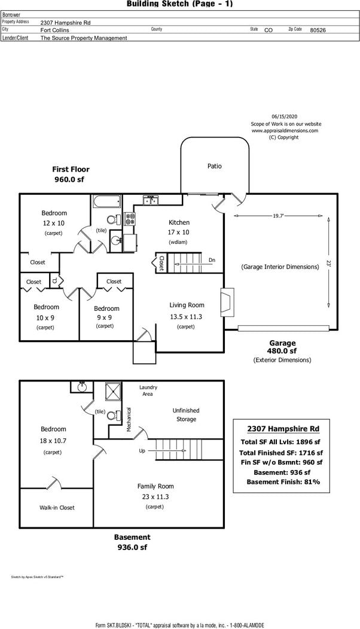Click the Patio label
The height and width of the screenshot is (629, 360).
click(214, 166)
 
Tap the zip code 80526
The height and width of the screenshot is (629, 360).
click(318, 29)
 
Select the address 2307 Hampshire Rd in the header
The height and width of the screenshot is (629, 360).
click(66, 22)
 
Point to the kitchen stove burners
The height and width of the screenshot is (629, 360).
click(129, 219)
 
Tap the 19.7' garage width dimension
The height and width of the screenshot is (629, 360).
click(278, 215)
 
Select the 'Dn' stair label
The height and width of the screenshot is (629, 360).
click(212, 260)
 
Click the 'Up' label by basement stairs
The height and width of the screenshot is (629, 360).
click(142, 451)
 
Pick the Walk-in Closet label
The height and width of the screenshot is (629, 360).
click(57, 508)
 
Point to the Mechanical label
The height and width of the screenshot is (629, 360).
click(129, 419)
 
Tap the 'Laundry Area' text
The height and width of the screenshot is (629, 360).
click(148, 391)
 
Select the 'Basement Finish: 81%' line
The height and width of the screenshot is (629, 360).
click(283, 482)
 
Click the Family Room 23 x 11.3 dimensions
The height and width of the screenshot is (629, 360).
click(155, 496)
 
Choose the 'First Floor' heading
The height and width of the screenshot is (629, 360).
click(71, 169)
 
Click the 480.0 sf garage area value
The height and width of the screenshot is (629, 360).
click(282, 351)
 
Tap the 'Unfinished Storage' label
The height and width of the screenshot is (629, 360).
click(186, 415)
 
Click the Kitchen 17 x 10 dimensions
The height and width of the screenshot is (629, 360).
click(179, 232)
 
